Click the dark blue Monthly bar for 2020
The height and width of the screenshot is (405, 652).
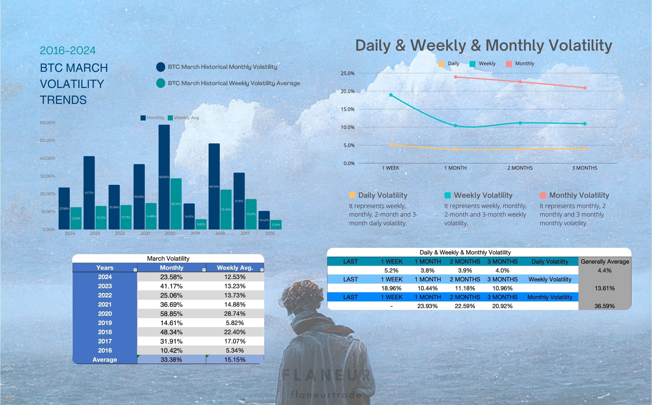tap(164, 177)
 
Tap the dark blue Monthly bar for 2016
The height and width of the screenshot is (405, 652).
tap(264, 220)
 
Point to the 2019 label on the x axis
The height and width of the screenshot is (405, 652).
tap(195, 233)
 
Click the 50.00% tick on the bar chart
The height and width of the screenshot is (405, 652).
tap(47, 140)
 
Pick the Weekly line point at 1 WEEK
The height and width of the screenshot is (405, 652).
tap(391, 95)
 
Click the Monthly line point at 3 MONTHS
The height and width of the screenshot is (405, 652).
tap(585, 88)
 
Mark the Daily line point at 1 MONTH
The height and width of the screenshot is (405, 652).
tap(456, 150)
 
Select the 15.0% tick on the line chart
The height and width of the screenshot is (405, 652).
tap(347, 109)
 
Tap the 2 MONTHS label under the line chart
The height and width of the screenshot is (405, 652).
tap(520, 168)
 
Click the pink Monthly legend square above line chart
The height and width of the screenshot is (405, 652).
tap(509, 64)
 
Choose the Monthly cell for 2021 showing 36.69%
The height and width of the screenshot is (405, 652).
tap(171, 305)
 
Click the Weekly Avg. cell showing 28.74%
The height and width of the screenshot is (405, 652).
tap(235, 314)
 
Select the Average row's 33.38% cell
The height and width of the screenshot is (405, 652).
tap(171, 359)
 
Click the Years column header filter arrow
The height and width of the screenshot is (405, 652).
tap(135, 270)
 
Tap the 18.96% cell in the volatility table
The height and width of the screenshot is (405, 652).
tap(391, 288)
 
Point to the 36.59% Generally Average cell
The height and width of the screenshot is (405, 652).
tap(605, 306)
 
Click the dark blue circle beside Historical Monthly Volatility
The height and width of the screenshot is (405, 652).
tap(161, 67)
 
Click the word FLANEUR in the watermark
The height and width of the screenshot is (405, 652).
tap(326, 375)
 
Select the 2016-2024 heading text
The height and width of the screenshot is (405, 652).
tap(68, 51)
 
